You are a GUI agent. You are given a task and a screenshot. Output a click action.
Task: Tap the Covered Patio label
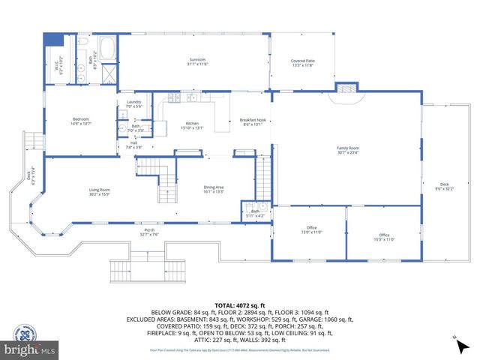(302, 63)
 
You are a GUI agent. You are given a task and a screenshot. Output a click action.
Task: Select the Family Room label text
(348, 150)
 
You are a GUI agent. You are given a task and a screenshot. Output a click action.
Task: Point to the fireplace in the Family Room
(346, 88)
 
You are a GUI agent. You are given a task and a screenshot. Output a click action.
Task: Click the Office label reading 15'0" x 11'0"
(311, 229)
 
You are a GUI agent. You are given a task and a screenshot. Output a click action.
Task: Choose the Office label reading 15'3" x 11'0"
(384, 237)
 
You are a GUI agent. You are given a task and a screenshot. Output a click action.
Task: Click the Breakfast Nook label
(251, 122)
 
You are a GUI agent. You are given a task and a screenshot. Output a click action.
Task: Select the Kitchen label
(192, 124)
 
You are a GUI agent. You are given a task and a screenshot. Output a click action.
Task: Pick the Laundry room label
(133, 104)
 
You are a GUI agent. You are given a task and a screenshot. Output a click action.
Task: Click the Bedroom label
(80, 121)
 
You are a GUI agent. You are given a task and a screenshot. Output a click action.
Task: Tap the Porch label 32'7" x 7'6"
(148, 232)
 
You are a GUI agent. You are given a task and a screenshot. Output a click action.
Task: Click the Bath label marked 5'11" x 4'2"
(256, 214)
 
